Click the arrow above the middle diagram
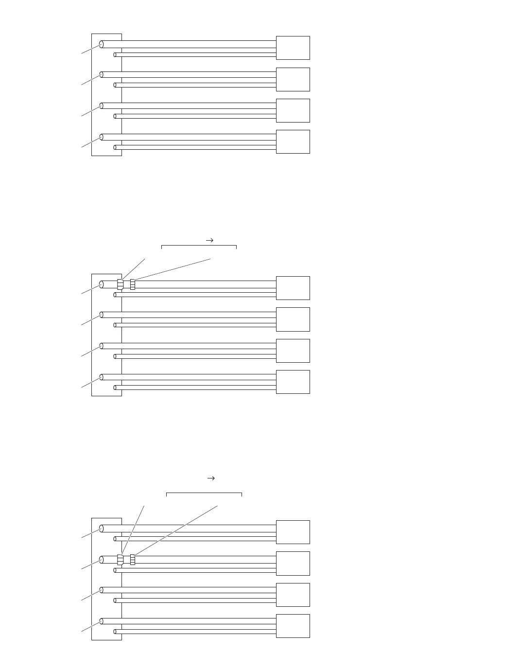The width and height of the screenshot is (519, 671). click(x=210, y=240)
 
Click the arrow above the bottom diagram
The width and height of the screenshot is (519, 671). click(x=211, y=478)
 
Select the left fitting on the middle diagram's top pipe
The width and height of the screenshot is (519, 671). click(x=121, y=284)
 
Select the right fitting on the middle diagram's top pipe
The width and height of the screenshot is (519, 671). click(x=133, y=284)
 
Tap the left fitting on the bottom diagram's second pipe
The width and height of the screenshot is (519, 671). click(x=121, y=560)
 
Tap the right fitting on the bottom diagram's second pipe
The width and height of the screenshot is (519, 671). click(x=133, y=560)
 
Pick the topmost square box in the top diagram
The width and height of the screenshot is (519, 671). click(x=293, y=48)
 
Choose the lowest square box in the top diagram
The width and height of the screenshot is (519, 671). click(x=293, y=141)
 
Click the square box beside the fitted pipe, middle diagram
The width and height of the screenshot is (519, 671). click(x=293, y=288)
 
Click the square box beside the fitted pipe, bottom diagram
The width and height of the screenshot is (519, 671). click(x=293, y=563)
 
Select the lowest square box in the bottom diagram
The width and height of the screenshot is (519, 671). click(x=293, y=626)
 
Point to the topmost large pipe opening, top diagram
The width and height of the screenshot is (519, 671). click(x=102, y=44)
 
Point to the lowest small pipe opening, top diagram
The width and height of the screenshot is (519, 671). click(x=115, y=147)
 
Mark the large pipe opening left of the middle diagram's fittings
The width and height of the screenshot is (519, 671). click(x=102, y=284)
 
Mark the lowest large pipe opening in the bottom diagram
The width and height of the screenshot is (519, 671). click(x=102, y=621)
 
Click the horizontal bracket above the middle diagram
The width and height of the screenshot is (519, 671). click(x=199, y=246)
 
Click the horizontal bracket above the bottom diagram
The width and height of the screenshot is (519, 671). click(x=204, y=494)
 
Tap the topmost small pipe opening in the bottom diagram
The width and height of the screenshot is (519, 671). click(x=115, y=538)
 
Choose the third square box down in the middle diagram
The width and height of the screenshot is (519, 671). click(x=293, y=351)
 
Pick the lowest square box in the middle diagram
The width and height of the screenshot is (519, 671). click(x=293, y=382)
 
